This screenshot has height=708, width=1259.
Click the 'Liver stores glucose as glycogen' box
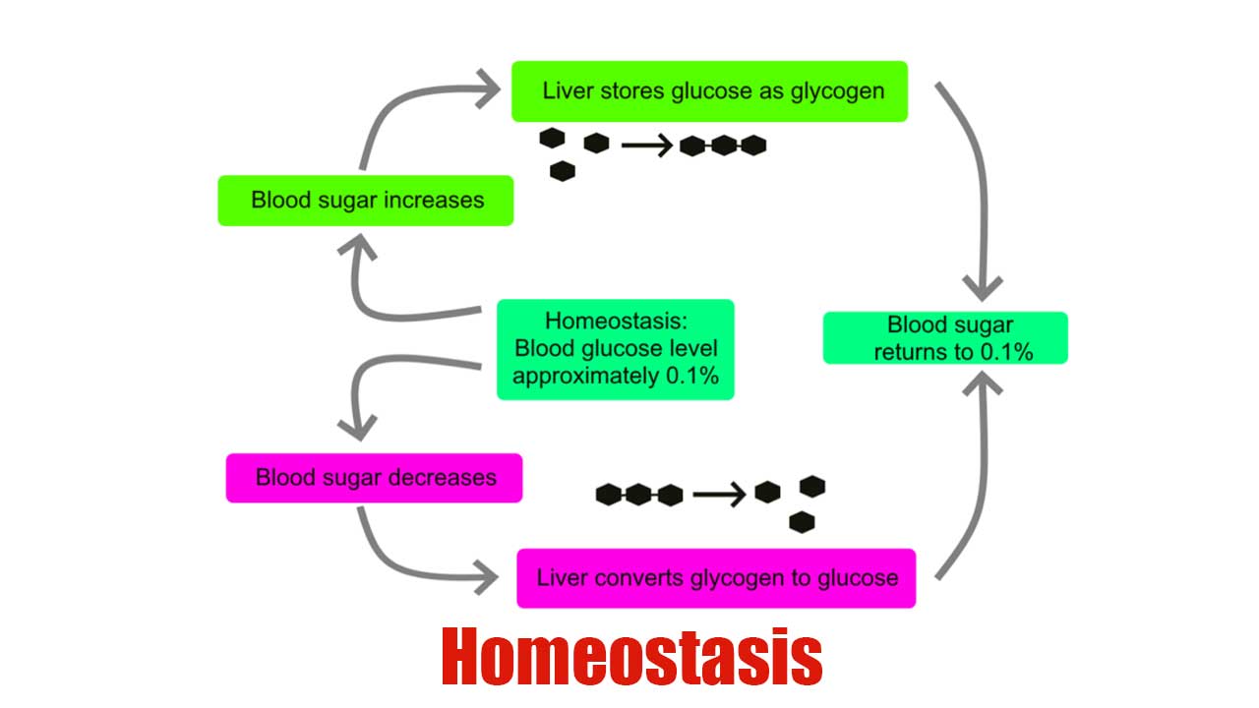click(709, 91)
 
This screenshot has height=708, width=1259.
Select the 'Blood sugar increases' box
click(366, 201)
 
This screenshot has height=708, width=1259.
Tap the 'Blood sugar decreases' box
click(374, 478)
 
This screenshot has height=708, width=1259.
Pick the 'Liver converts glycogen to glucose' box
click(716, 578)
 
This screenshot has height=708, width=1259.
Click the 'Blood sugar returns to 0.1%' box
click(945, 338)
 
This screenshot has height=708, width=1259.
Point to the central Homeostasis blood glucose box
click(616, 349)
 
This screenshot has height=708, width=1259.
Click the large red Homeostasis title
click(630, 657)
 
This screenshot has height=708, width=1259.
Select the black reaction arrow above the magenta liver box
click(718, 494)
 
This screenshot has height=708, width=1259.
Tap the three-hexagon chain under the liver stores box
click(723, 147)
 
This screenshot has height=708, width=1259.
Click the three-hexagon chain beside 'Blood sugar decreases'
click(639, 495)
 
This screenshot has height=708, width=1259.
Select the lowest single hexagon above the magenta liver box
click(802, 522)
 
